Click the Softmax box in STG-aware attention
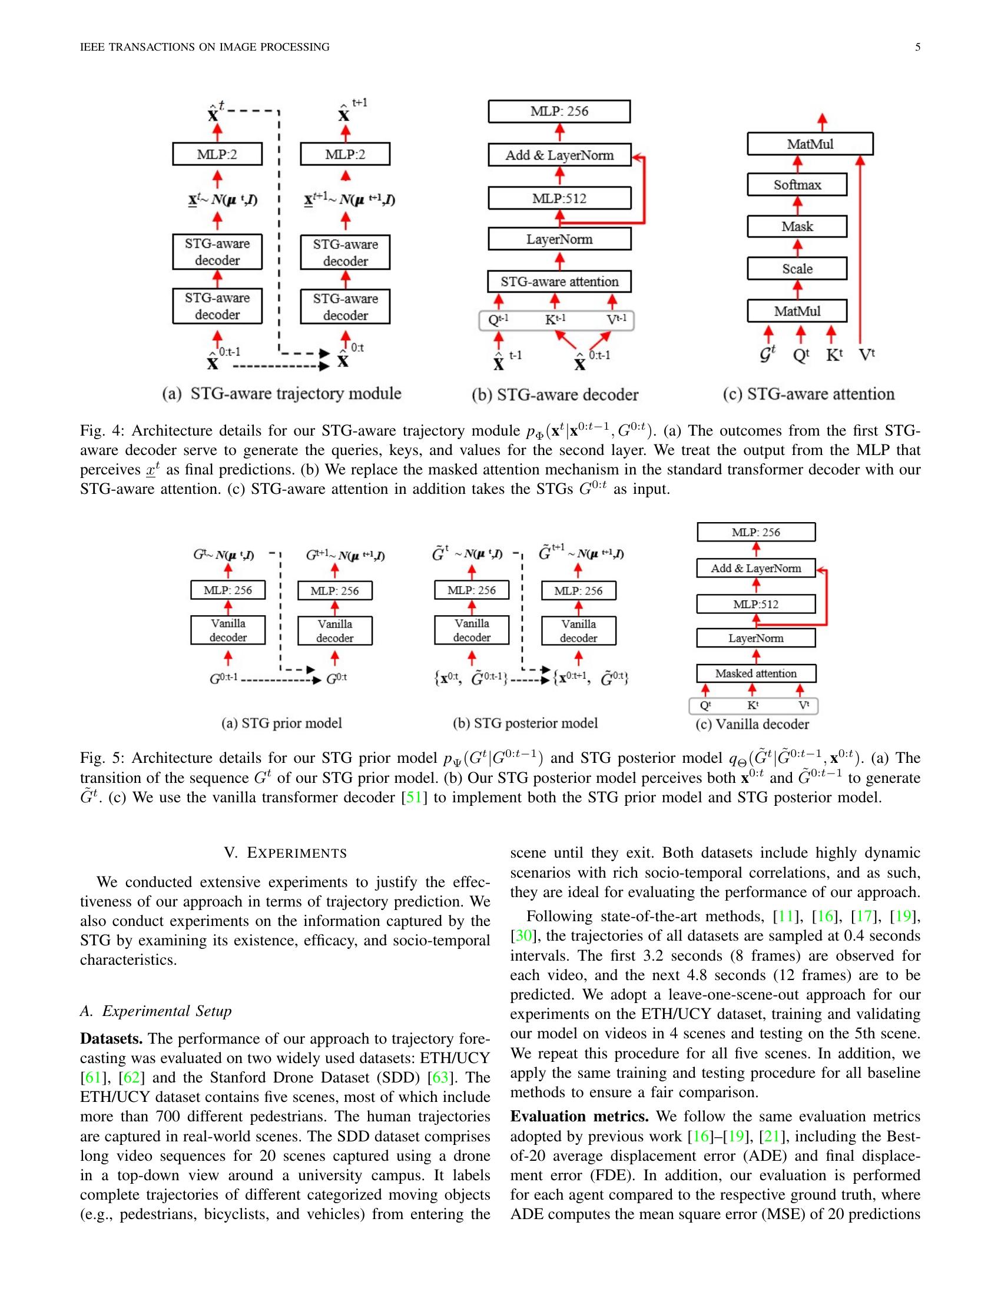click(797, 185)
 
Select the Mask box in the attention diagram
click(797, 227)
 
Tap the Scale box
click(797, 268)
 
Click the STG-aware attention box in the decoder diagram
click(559, 281)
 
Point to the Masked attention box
click(755, 673)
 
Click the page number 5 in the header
click(917, 47)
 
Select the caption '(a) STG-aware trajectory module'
click(281, 394)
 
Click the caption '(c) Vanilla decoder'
click(752, 724)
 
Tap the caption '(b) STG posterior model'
click(525, 723)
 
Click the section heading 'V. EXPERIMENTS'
click(285, 853)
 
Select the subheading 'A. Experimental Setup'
click(155, 1011)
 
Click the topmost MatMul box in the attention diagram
click(810, 144)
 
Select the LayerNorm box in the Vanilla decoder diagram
click(755, 638)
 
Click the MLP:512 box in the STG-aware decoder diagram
click(559, 198)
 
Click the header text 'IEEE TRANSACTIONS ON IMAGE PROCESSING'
click(204, 47)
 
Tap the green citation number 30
click(522, 936)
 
